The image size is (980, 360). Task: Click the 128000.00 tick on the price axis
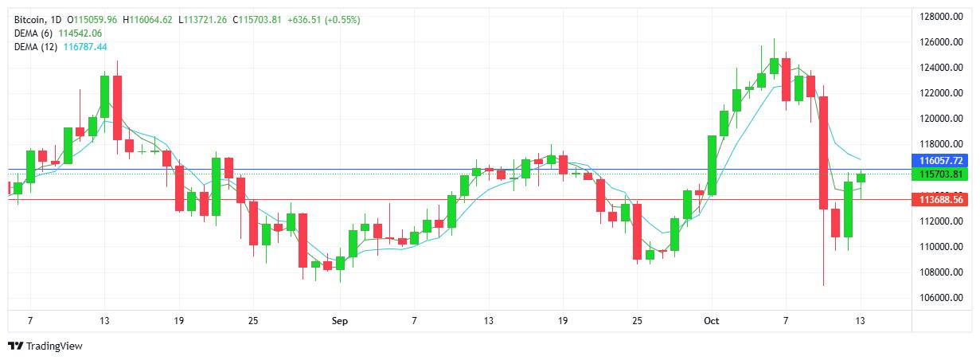tap(939, 17)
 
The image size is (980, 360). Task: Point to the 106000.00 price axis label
tap(939, 298)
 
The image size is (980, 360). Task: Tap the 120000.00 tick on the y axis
tap(939, 119)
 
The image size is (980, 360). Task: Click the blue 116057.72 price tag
tap(941, 161)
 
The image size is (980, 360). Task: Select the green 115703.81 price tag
tap(941, 174)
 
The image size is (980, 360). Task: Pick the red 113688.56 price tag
tap(941, 199)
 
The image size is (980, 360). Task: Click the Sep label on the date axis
tap(340, 321)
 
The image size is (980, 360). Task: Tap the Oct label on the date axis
tap(712, 321)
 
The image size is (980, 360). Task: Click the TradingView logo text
tap(54, 346)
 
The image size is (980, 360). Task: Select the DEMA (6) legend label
tap(34, 33)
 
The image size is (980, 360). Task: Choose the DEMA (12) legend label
tap(37, 47)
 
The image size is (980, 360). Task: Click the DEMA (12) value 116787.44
tap(85, 47)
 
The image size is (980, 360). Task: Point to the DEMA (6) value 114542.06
tap(80, 33)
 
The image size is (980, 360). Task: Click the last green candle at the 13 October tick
tap(861, 177)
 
